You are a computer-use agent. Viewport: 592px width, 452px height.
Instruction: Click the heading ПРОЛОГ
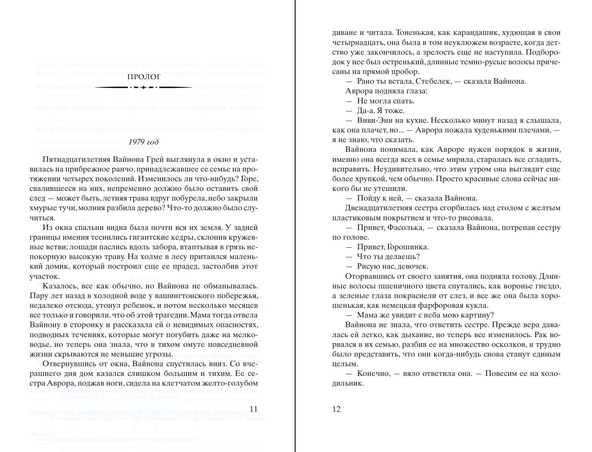(x=144, y=77)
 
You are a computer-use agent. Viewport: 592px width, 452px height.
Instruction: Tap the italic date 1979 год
(x=144, y=142)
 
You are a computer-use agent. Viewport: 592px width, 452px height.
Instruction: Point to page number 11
(x=253, y=409)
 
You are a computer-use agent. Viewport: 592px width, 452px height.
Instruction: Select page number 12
(x=336, y=409)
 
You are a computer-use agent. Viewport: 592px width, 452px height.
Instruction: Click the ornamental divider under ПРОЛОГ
(x=144, y=87)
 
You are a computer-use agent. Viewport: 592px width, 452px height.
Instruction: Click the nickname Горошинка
(x=408, y=247)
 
